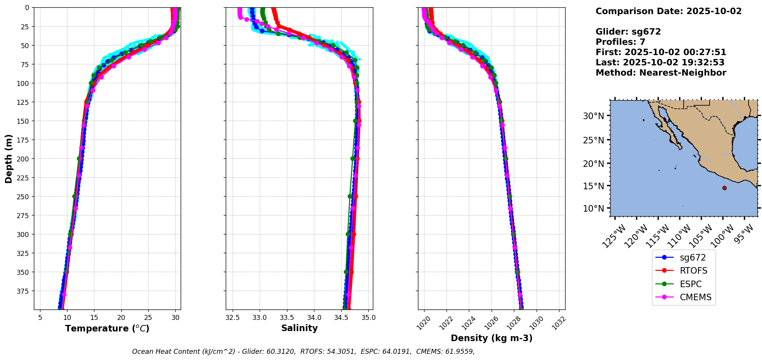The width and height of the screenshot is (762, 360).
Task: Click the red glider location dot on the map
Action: (x=724, y=188)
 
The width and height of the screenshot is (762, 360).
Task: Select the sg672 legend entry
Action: (x=692, y=257)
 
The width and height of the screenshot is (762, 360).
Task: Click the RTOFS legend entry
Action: (x=693, y=271)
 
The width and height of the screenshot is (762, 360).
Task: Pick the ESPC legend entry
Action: (x=690, y=284)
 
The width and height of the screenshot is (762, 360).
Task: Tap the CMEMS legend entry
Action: (x=695, y=297)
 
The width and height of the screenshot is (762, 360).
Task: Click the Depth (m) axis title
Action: (x=9, y=158)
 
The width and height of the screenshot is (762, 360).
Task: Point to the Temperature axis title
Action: (x=107, y=328)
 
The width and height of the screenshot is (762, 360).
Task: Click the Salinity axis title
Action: (x=299, y=328)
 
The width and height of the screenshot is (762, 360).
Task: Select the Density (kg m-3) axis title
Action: (x=492, y=338)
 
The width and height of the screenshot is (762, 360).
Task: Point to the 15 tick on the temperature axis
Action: (x=94, y=318)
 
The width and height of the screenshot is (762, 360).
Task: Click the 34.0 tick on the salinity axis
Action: (x=314, y=318)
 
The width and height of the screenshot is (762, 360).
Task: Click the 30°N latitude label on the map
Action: (x=593, y=116)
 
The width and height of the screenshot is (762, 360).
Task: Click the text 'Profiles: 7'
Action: (x=620, y=42)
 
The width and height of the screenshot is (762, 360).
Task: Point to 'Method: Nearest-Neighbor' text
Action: (x=661, y=73)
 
